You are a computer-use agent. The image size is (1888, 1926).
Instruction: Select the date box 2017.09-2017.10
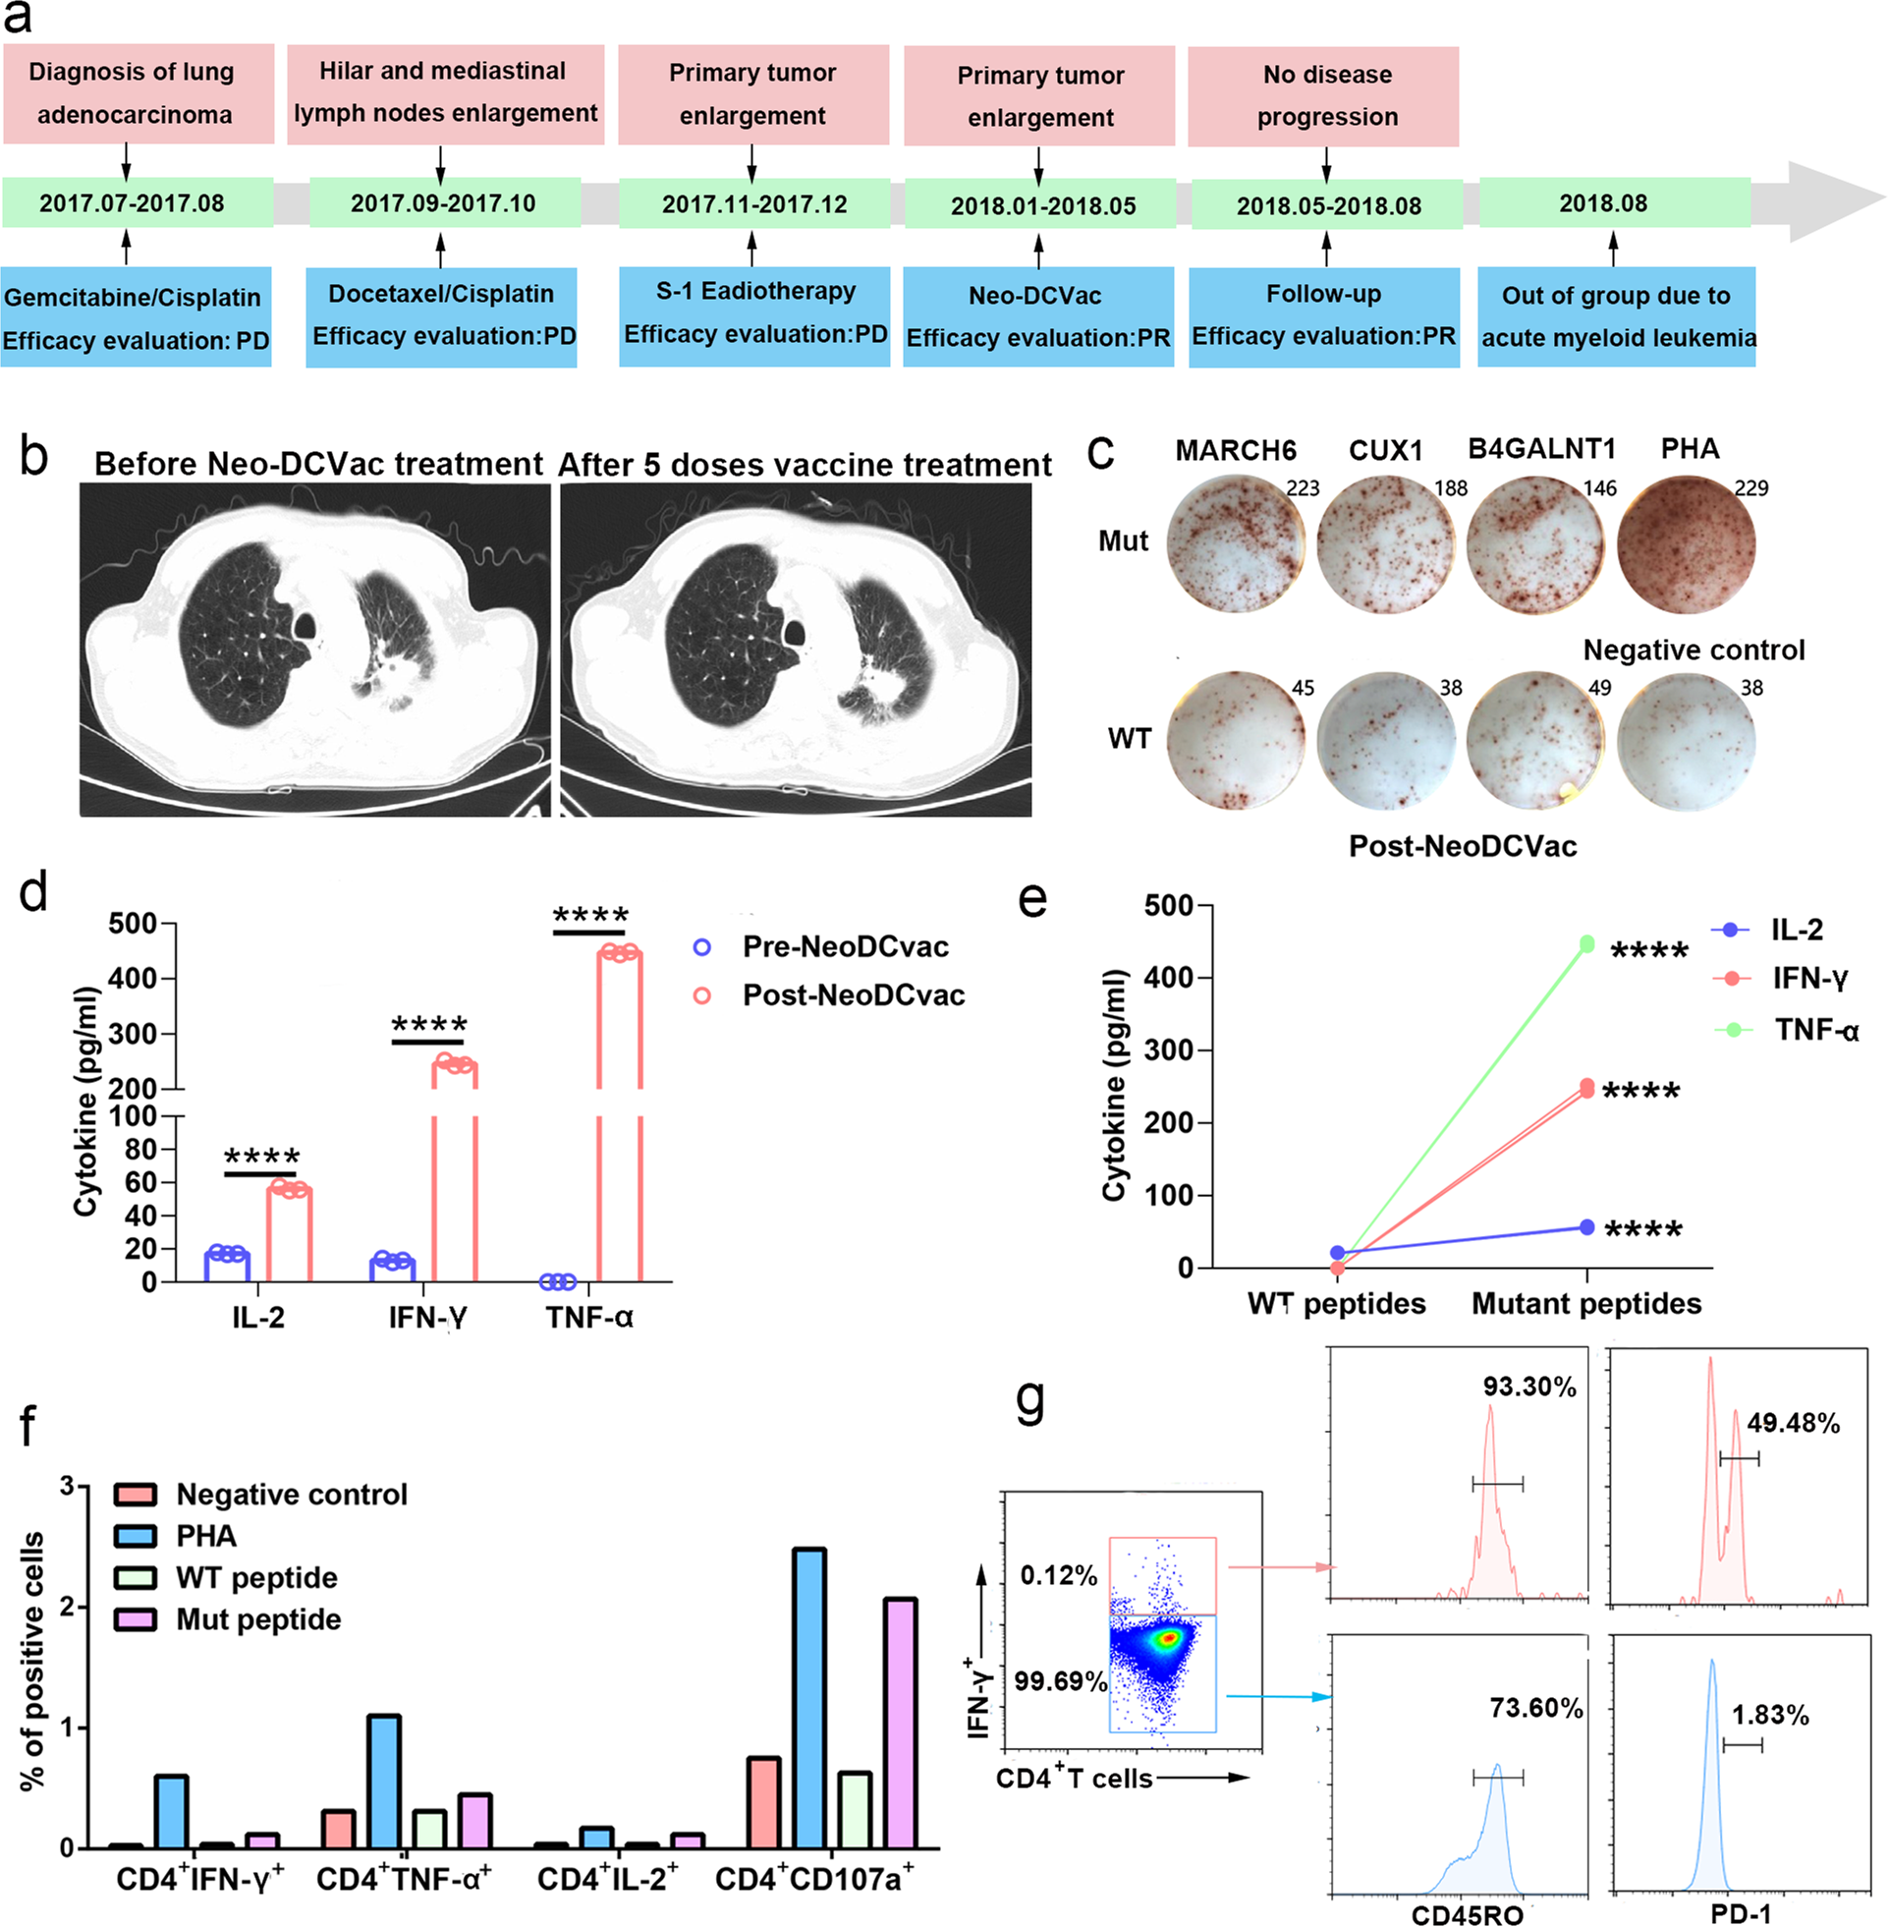(443, 203)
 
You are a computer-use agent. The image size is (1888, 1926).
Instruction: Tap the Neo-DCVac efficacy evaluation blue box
(1037, 316)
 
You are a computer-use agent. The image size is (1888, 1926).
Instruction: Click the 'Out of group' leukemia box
(1615, 316)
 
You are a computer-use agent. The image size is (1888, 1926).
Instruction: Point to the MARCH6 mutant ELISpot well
(1235, 544)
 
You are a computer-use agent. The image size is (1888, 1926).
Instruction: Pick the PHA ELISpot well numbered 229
(1686, 544)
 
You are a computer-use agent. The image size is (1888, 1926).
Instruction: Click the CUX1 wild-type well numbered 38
(1385, 742)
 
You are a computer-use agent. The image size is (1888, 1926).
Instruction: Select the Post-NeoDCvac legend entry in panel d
(853, 994)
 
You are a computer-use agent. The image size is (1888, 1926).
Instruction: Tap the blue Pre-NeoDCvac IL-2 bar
(227, 1267)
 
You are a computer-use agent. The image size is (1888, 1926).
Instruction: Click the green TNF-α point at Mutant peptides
(1586, 944)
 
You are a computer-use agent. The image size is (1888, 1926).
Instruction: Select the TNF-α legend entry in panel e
(1814, 1030)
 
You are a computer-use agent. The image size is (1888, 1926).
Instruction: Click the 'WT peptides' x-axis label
(1336, 1303)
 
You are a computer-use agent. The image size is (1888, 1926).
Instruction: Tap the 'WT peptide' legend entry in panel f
(255, 1577)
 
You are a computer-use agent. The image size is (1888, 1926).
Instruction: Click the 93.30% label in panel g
(1529, 1387)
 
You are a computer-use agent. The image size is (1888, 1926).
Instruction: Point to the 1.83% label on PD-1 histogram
(1770, 1714)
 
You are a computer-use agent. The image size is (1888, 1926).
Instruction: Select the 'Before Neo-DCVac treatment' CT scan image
(314, 650)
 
